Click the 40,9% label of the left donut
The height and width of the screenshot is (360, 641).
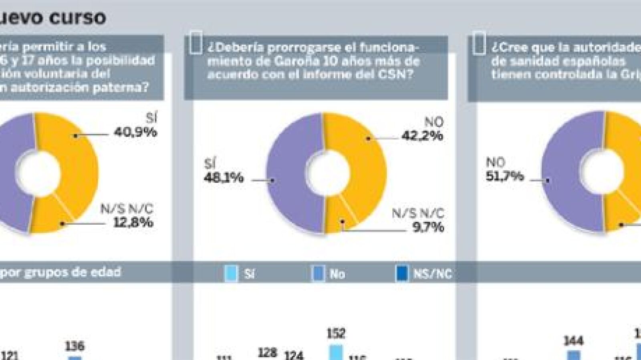pyautogui.click(x=135, y=132)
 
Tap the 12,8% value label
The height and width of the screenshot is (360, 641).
pyautogui.click(x=133, y=222)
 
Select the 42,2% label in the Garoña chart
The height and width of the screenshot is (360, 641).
pyautogui.click(x=422, y=136)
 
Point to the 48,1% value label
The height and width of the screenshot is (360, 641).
pyautogui.click(x=224, y=177)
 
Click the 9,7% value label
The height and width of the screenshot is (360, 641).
pyautogui.click(x=428, y=227)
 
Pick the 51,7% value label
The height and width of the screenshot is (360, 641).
pyautogui.click(x=504, y=176)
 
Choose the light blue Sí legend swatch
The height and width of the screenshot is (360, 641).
pyautogui.click(x=232, y=274)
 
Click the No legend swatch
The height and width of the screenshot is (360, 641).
pyautogui.click(x=318, y=274)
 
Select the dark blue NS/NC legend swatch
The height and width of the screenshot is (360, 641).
pyautogui.click(x=401, y=274)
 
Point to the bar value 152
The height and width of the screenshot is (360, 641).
pyautogui.click(x=336, y=333)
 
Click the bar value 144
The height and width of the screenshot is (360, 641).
pyautogui.click(x=573, y=341)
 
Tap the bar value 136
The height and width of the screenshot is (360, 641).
pyautogui.click(x=75, y=346)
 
